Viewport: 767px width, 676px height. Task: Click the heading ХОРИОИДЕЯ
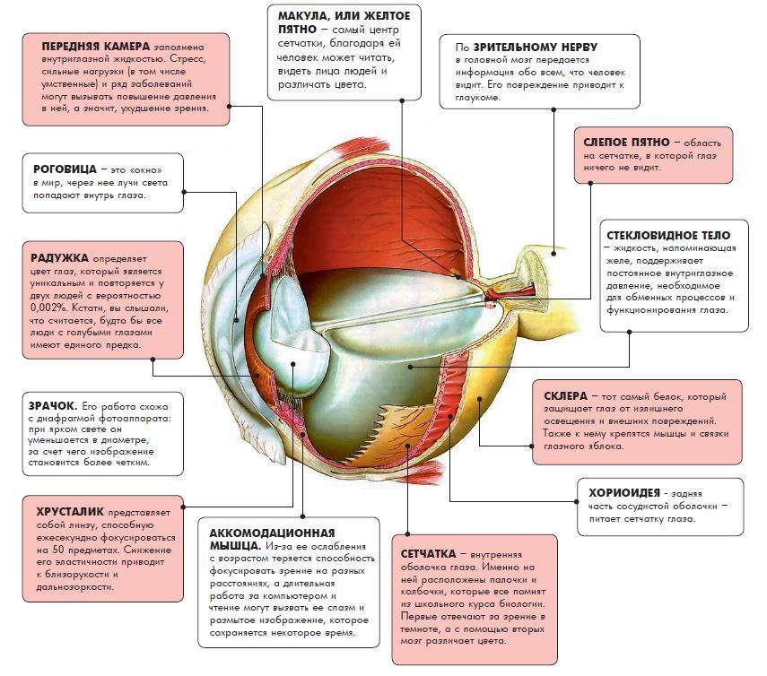(x=625, y=492)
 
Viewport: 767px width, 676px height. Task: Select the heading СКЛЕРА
(x=565, y=395)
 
